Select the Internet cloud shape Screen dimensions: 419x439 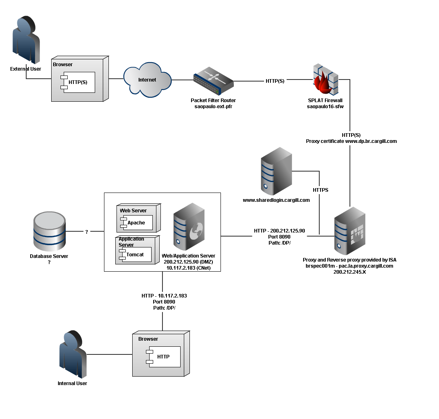147,80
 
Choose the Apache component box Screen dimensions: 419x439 138,223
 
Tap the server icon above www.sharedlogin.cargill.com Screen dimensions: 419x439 276,171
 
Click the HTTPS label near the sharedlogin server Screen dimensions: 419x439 320,190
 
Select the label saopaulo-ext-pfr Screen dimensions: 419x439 213,106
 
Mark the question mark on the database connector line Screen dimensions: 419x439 86,232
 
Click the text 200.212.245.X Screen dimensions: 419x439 349,272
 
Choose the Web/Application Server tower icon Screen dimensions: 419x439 189,228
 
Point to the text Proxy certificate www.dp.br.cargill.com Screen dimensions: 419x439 351,141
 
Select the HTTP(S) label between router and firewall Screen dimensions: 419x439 275,81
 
